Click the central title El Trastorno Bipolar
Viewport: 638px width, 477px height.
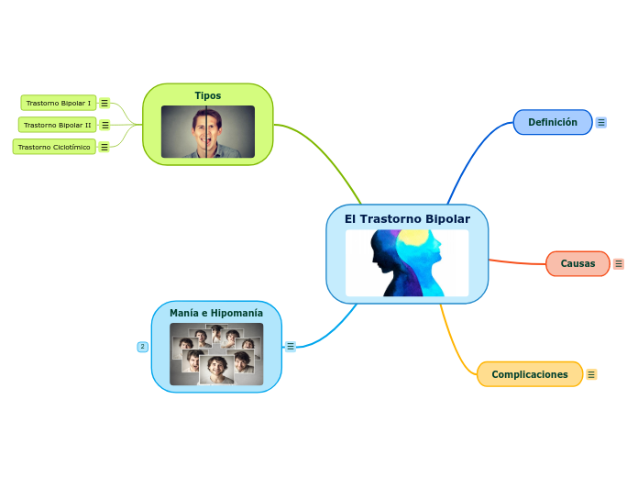point(407,219)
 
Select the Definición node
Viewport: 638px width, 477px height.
point(553,122)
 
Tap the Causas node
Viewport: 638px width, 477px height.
point(577,263)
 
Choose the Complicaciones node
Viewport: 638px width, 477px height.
point(529,374)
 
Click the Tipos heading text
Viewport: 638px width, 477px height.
point(207,95)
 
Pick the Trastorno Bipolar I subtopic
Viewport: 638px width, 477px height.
point(58,103)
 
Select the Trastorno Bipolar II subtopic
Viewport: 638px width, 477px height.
point(57,125)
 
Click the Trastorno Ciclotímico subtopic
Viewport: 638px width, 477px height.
point(54,147)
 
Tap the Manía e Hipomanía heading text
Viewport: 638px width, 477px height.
point(215,313)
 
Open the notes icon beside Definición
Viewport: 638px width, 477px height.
point(601,122)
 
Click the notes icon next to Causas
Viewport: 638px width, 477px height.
point(619,264)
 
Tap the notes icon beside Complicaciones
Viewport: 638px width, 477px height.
point(591,374)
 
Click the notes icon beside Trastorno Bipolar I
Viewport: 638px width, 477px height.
point(104,103)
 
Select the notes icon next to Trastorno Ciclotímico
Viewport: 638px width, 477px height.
point(104,147)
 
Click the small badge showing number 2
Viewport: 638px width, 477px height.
point(142,347)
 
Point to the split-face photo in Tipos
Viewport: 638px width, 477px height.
point(207,131)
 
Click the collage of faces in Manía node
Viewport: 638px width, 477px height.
point(216,353)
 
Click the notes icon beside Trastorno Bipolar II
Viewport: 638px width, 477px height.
point(105,125)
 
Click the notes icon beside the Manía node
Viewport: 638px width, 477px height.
point(291,347)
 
